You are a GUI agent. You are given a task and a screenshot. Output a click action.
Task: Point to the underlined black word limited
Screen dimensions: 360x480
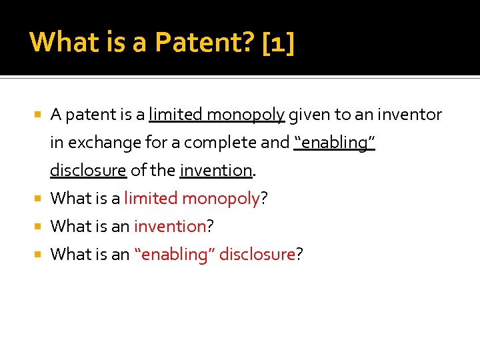point(175,115)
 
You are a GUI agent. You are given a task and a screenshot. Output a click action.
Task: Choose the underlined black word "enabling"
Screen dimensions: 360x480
point(335,143)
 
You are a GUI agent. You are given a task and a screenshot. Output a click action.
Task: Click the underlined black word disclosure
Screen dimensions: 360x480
point(88,171)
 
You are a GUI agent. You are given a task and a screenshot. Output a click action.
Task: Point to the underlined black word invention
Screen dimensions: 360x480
point(216,171)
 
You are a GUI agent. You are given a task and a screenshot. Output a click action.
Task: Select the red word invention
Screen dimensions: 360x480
point(170,227)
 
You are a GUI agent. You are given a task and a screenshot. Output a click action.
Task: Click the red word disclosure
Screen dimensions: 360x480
point(257,255)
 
